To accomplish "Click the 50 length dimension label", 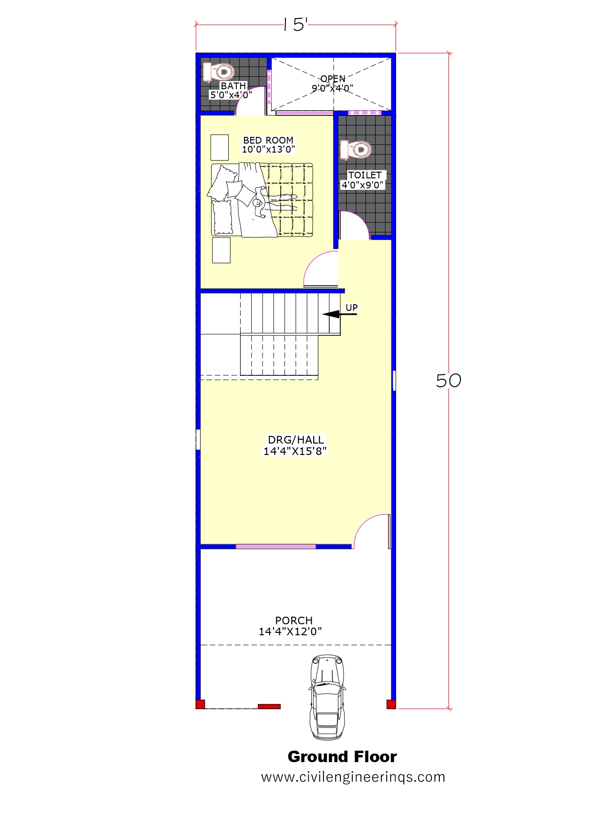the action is pos(448,381).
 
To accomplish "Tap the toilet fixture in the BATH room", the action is pos(219,72).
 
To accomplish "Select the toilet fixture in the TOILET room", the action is pos(356,150).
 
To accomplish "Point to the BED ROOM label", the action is pos(268,140).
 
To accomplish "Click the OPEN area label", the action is pos(333,79).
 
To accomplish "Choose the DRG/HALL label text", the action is pos(296,440).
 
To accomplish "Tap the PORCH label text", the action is pos(294,620).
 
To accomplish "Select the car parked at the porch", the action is pos(327,697).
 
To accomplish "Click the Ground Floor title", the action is pos(342,757).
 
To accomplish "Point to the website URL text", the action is pos(353,777).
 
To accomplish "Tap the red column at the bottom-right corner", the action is pos(391,704).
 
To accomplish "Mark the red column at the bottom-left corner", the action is pos(200,704).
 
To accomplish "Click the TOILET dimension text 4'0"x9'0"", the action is pos(363,185).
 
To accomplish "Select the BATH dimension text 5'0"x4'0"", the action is pos(231,95).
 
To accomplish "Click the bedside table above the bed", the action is pos(220,147).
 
